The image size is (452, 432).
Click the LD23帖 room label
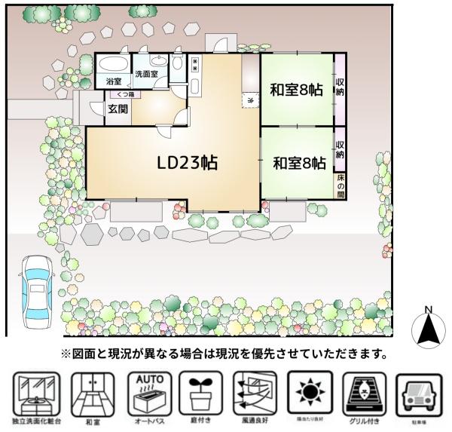coord(188,163)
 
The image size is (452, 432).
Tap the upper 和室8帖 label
coord(296,90)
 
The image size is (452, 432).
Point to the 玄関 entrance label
coord(117,109)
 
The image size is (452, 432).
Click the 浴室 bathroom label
coord(114,81)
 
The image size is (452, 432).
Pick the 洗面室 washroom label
coord(146,75)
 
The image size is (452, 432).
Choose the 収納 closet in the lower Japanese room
coord(341,149)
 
